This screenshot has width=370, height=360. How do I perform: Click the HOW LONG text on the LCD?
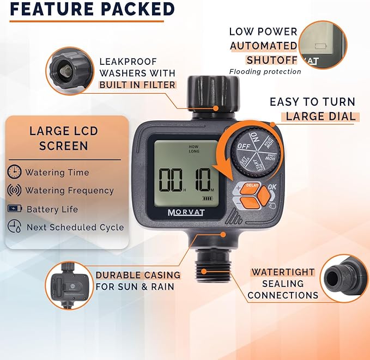click(194, 149)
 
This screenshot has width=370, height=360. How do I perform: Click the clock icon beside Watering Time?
click(14, 172)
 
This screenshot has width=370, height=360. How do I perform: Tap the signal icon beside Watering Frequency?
click(14, 190)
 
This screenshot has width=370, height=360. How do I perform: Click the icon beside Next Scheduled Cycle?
click(14, 227)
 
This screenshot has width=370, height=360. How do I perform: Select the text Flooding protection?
click(265, 71)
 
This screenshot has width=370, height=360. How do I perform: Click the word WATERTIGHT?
click(283, 272)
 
